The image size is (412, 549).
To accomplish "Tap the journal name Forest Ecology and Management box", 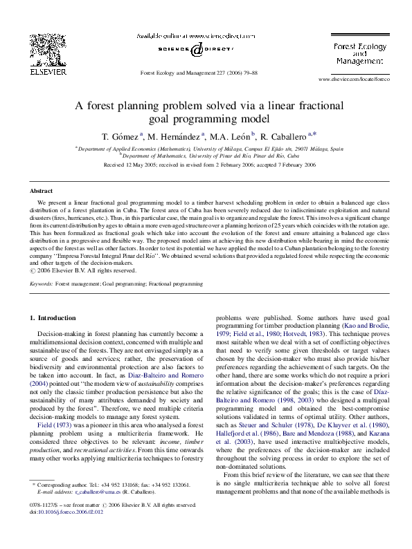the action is [x=359, y=53].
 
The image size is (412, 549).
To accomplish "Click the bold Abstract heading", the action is [x=41, y=191].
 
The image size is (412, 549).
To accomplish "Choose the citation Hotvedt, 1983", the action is [x=307, y=332].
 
